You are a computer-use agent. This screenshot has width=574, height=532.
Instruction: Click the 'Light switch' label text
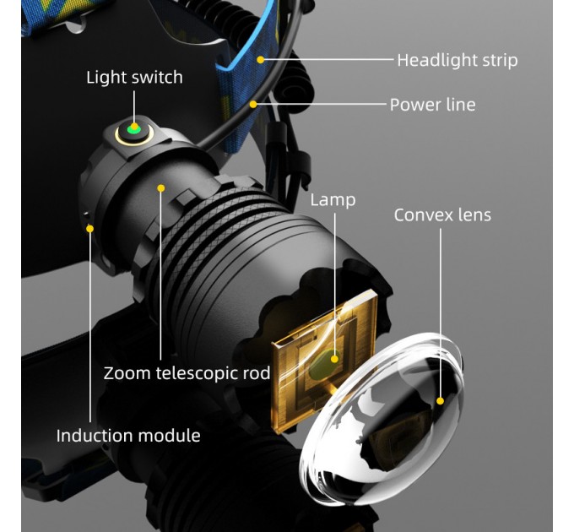pyautogui.click(x=134, y=77)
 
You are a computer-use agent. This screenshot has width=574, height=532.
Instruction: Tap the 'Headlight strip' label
pyautogui.click(x=458, y=60)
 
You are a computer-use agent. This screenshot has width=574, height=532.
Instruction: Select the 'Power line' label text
pyautogui.click(x=433, y=105)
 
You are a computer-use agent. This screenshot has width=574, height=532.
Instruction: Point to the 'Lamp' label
pyautogui.click(x=333, y=200)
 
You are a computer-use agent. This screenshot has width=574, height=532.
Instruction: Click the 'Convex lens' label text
pyautogui.click(x=442, y=215)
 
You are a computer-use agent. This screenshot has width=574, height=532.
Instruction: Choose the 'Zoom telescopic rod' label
pyautogui.click(x=187, y=373)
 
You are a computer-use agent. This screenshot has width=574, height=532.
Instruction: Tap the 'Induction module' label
pyautogui.click(x=128, y=436)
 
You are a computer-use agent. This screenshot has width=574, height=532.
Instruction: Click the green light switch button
pyautogui.click(x=133, y=128)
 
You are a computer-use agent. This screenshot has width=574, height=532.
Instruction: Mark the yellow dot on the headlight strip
pyautogui.click(x=260, y=59)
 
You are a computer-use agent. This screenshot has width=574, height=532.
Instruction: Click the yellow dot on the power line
pyautogui.click(x=253, y=105)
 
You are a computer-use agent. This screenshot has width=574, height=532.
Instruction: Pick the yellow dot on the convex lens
pyautogui.click(x=440, y=401)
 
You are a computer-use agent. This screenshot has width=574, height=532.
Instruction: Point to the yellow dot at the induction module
pyautogui.click(x=89, y=229)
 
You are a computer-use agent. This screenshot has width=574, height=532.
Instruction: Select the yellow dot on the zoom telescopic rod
pyautogui.click(x=160, y=188)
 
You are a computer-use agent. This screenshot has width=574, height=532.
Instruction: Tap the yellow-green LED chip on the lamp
pyautogui.click(x=323, y=364)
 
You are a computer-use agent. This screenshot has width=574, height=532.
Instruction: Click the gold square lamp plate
pyautogui.click(x=324, y=361)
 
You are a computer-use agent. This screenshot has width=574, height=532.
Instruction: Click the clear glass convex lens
pyautogui.click(x=382, y=417)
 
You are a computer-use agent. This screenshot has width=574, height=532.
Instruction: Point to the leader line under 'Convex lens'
pyautogui.click(x=441, y=312)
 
